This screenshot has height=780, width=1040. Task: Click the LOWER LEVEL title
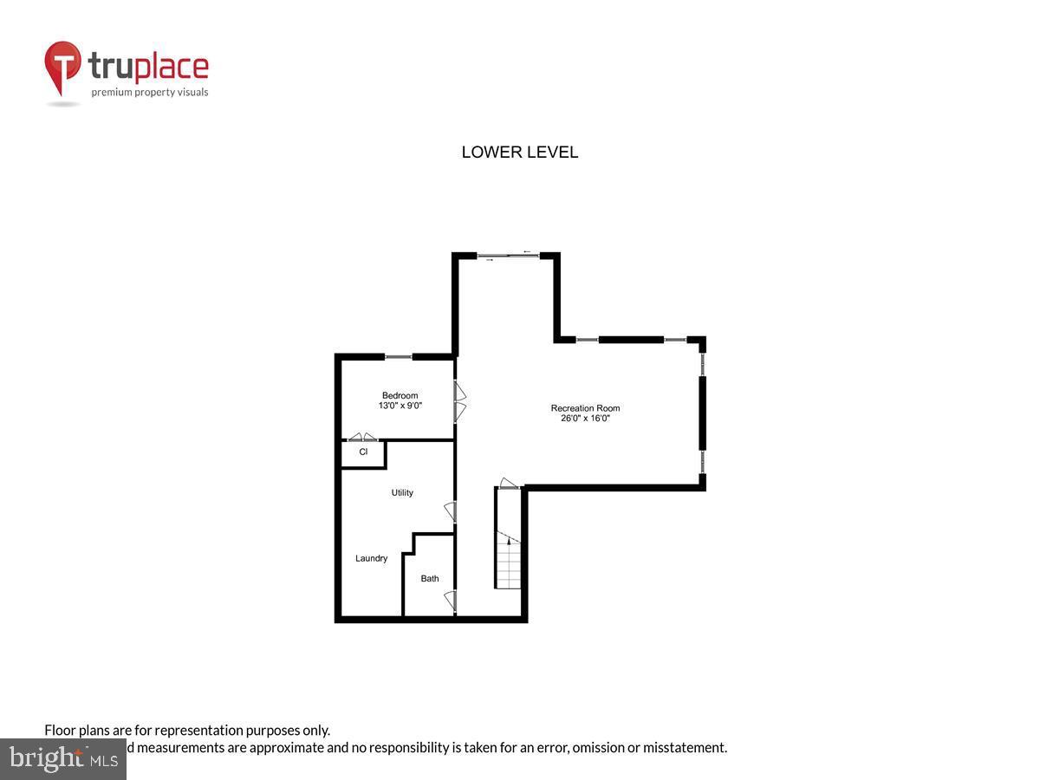click(519, 153)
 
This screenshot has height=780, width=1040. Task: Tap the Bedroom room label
click(400, 395)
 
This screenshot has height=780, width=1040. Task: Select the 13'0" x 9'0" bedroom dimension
click(400, 406)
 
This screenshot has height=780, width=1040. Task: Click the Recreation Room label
click(585, 408)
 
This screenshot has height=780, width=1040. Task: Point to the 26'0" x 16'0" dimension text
click(585, 419)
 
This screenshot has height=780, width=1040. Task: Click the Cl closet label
click(363, 452)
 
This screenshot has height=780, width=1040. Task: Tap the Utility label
click(402, 492)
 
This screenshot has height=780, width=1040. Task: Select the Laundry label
click(371, 558)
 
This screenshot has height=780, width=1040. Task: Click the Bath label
click(430, 578)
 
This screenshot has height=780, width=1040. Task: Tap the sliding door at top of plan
click(508, 255)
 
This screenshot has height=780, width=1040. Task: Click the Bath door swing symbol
click(450, 599)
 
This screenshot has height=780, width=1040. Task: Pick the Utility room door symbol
click(450, 511)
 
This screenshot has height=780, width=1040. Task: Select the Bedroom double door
click(461, 401)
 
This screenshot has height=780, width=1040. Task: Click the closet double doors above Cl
click(362, 437)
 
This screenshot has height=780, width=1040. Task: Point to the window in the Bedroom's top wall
click(399, 356)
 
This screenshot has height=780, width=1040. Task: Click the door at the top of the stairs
click(509, 484)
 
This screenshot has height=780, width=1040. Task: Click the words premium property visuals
click(150, 92)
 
